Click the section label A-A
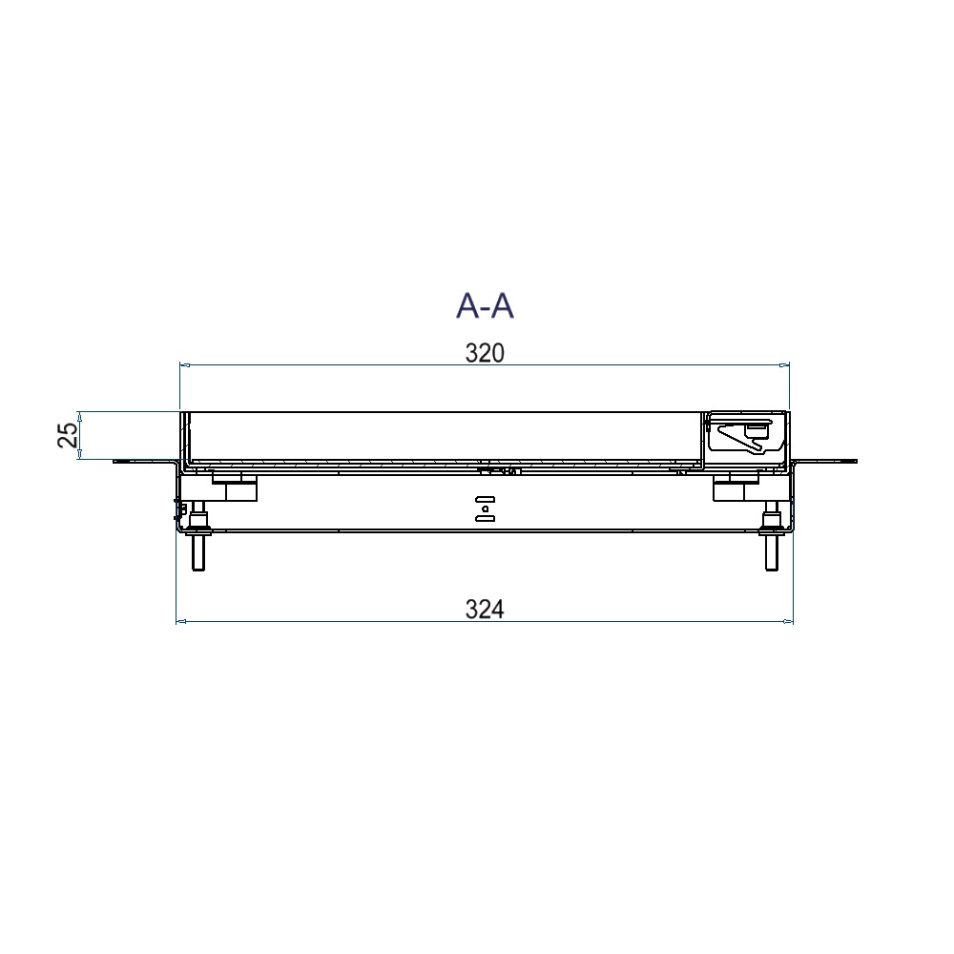pyautogui.click(x=485, y=305)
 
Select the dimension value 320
pyautogui.click(x=485, y=353)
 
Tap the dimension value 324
pyautogui.click(x=485, y=609)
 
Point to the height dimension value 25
pyautogui.click(x=69, y=434)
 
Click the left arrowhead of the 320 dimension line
pyautogui.click(x=185, y=365)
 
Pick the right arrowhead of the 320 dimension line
pyautogui.click(x=784, y=365)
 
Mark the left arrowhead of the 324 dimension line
pyautogui.click(x=180, y=622)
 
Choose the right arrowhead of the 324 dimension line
pyautogui.click(x=788, y=622)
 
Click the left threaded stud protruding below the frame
pyautogui.click(x=198, y=535)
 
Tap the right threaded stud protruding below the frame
pyautogui.click(x=771, y=535)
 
